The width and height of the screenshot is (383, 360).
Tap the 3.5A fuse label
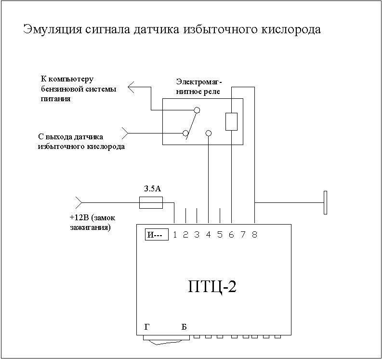pyautogui.click(x=150, y=189)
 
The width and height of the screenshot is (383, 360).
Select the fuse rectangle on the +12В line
pyautogui.click(x=150, y=203)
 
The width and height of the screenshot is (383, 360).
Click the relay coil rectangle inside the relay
pyautogui.click(x=231, y=121)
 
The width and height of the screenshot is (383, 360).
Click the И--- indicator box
pyautogui.click(x=157, y=235)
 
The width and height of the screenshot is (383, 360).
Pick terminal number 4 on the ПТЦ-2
pyautogui.click(x=208, y=235)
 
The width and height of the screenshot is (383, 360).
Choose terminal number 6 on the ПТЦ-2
pyautogui.click(x=231, y=235)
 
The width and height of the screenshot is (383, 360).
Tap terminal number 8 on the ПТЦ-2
pyautogui.click(x=254, y=235)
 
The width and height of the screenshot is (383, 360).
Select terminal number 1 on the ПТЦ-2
pyautogui.click(x=174, y=235)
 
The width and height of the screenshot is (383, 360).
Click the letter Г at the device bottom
pyautogui.click(x=147, y=327)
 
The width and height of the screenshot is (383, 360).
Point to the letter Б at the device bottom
pyautogui.click(x=184, y=327)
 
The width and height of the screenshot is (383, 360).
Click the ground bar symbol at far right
pyautogui.click(x=325, y=202)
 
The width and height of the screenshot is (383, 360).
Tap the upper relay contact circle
pyautogui.click(x=197, y=110)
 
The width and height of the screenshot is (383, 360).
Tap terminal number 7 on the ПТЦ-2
pyautogui.click(x=243, y=235)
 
